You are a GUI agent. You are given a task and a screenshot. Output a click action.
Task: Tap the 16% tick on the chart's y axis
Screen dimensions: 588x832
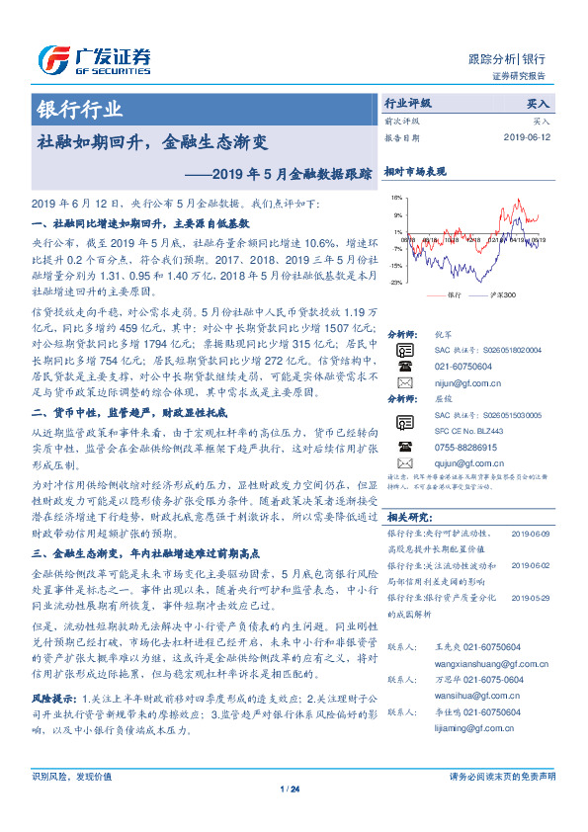pyautogui.click(x=395, y=198)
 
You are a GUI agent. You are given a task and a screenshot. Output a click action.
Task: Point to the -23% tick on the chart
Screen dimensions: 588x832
pyautogui.click(x=395, y=283)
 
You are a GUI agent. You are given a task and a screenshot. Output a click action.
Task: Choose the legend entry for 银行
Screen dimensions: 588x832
pyautogui.click(x=447, y=295)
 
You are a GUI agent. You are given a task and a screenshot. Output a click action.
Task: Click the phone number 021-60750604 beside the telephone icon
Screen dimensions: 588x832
pyautogui.click(x=461, y=366)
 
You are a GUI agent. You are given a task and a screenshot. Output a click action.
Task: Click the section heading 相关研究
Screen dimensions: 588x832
pyautogui.click(x=408, y=515)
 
